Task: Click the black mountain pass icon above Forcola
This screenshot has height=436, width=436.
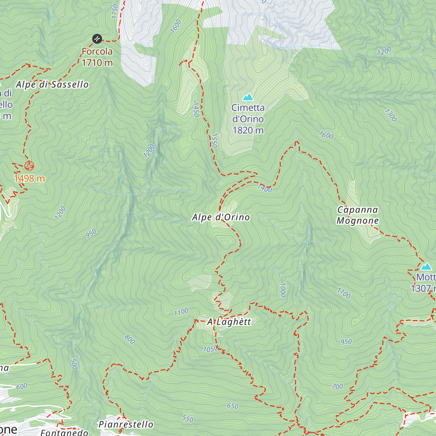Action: tap(97, 39)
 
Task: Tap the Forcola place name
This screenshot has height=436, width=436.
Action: tap(97, 52)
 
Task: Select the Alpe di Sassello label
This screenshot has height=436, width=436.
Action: tap(52, 85)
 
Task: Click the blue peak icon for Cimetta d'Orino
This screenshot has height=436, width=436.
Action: tap(248, 97)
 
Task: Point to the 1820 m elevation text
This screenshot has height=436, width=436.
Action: tap(248, 130)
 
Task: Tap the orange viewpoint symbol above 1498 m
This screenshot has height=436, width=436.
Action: tap(29, 166)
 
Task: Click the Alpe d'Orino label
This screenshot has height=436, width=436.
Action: tap(221, 217)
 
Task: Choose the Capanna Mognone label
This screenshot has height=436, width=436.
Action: tap(358, 215)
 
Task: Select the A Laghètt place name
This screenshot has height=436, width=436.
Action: tap(229, 322)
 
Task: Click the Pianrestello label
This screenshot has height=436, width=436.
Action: tap(126, 424)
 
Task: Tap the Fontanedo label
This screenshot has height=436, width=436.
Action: tap(64, 432)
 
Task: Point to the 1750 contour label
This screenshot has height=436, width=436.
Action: tap(115, 11)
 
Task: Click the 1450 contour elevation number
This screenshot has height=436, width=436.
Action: tap(196, 109)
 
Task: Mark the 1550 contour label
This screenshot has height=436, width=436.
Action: tap(214, 141)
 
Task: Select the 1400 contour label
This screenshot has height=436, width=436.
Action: tap(265, 188)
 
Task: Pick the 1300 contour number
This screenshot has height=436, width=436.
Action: tap(391, 115)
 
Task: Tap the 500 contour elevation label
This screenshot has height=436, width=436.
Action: tap(74, 364)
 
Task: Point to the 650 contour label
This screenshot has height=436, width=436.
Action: tap(233, 406)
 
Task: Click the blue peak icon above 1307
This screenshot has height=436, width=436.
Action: tap(426, 267)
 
